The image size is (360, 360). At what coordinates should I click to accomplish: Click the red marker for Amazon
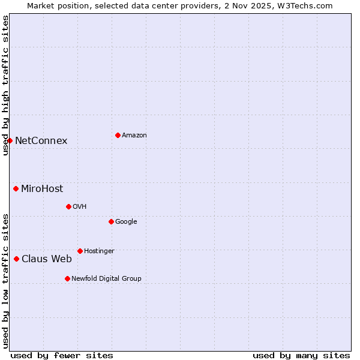coord(118,135)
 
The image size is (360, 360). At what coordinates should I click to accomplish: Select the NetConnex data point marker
coord(10,140)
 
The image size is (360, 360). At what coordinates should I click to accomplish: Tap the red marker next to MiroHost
coord(16,188)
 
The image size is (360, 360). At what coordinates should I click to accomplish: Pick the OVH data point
coord(68,206)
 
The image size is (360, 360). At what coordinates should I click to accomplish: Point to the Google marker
coord(111,221)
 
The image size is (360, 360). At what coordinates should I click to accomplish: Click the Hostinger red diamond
coord(80,251)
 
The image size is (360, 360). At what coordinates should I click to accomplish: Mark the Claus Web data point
coord(16,259)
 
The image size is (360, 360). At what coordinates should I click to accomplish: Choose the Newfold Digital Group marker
coord(67,278)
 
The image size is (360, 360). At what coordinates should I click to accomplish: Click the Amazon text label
coord(134,136)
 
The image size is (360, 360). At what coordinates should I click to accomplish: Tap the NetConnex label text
coord(41,141)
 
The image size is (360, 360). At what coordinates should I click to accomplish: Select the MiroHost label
coord(42,189)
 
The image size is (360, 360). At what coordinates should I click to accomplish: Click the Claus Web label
coord(47,259)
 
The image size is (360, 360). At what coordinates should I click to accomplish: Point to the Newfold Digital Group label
coord(106,278)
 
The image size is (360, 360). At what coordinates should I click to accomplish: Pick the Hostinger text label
coord(99,251)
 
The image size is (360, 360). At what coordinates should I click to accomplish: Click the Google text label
coord(126,221)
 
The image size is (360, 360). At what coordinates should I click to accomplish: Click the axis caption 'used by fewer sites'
coord(62,355)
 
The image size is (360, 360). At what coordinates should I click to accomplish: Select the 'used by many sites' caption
coord(301,355)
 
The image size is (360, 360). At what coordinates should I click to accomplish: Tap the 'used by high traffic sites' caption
coord(5,85)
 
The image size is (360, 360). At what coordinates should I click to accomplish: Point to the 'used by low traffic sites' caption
coord(5,281)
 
